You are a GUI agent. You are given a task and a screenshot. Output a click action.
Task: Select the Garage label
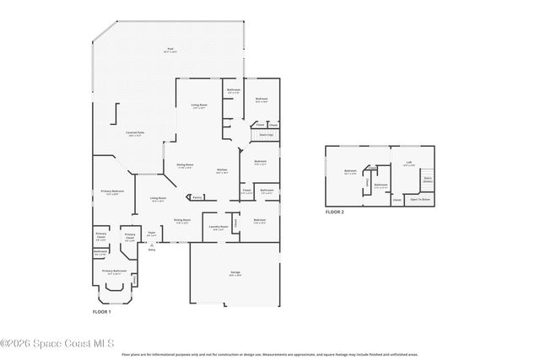(235, 272)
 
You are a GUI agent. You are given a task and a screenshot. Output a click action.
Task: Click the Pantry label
(197, 197)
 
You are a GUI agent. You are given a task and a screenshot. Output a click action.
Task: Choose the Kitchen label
(222, 170)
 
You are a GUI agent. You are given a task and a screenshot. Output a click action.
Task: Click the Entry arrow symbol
(152, 244)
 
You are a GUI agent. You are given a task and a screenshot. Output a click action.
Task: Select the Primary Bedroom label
(112, 191)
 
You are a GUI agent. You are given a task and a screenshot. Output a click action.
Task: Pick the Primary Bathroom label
(114, 271)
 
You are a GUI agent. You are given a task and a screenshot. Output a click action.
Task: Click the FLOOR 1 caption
(102, 311)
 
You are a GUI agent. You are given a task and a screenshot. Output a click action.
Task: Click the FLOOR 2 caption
(335, 212)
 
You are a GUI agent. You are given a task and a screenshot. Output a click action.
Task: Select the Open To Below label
(420, 200)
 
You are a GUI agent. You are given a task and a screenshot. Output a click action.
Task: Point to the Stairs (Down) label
(427, 179)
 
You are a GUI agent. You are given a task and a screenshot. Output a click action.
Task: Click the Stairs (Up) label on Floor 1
(265, 134)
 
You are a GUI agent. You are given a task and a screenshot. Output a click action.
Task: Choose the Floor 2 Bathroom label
(381, 185)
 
